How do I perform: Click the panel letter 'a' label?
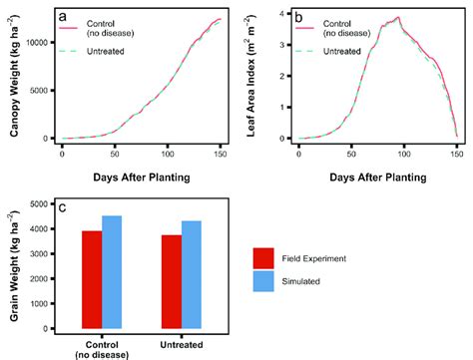[63, 16]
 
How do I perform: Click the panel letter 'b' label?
[301, 16]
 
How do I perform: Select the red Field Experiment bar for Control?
[91, 279]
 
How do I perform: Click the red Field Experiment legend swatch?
[264, 257]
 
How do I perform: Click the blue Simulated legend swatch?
[264, 282]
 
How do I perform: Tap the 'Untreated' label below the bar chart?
[182, 345]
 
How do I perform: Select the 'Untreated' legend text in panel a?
[109, 49]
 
